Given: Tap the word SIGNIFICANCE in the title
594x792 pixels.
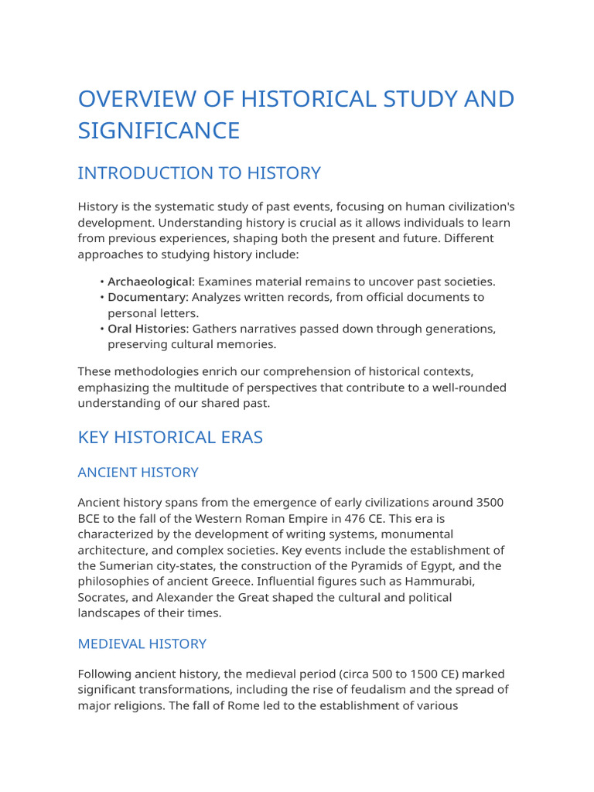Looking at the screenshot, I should click(x=159, y=131).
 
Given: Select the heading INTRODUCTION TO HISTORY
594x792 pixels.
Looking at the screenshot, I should click(x=199, y=173).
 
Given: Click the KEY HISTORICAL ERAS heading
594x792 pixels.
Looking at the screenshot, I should click(x=170, y=437).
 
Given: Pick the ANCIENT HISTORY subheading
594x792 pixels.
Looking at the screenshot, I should click(x=138, y=472).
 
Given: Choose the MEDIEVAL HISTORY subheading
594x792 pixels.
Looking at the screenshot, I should click(x=142, y=643).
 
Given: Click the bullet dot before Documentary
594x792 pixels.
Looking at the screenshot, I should click(x=102, y=298).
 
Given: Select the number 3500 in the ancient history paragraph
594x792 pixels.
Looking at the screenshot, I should click(x=488, y=503).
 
